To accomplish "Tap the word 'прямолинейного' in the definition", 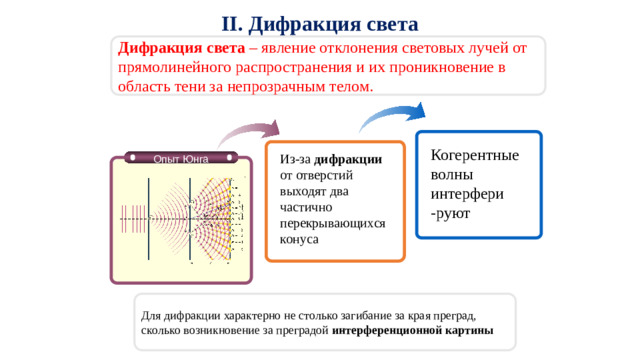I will pos(170,67).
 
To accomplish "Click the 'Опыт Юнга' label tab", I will pos(181,157).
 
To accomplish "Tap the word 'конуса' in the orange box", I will pos(301,240).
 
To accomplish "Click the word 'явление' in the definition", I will pos(294,48).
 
